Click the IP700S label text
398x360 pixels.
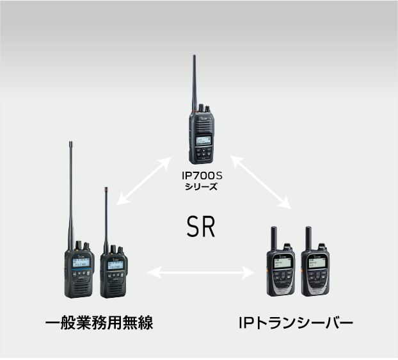tap(202, 176)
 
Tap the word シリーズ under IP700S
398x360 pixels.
tap(201, 187)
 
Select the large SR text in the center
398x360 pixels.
tap(201, 227)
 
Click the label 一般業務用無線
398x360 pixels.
tap(99, 322)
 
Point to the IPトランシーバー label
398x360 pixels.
tap(296, 322)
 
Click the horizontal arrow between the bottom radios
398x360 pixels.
tap(201, 273)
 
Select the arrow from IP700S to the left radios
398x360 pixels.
tap(144, 181)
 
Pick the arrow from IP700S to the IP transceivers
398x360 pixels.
tap(260, 182)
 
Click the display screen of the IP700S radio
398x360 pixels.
tap(204, 141)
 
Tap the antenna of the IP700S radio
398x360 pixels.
tap(195, 83)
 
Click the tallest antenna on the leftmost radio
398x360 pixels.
tap(71, 195)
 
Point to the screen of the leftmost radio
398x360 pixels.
tap(81, 263)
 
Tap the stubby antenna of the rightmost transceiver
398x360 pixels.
tap(308, 238)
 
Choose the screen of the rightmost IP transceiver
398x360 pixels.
tap(317, 263)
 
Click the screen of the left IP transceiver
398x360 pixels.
tap(283, 263)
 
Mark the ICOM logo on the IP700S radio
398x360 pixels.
tap(204, 119)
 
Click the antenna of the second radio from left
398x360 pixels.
tap(106, 220)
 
